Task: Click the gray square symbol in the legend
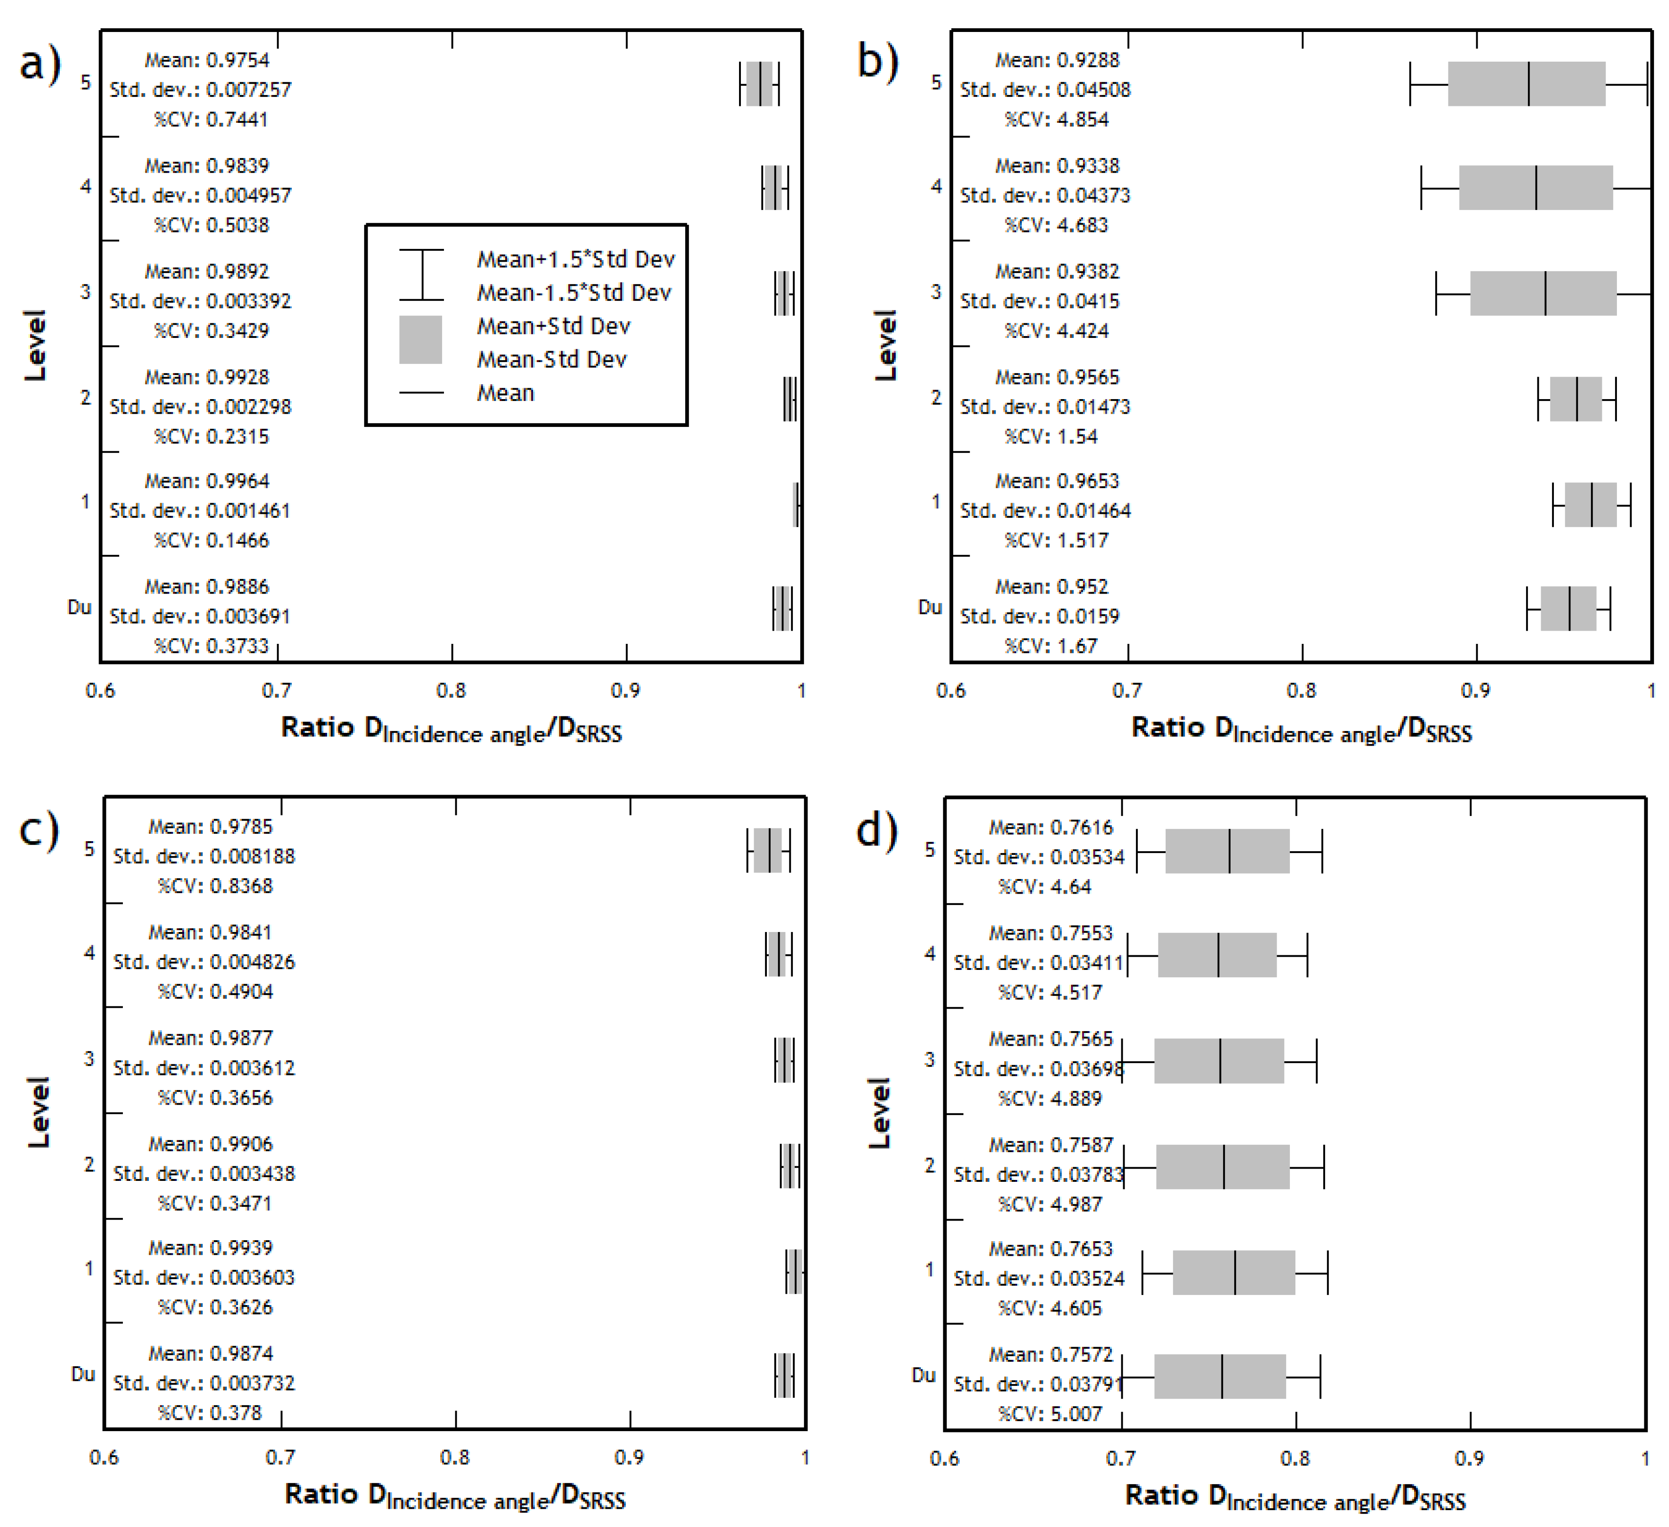421,339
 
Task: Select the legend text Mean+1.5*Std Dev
576,259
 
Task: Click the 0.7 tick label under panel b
1127,690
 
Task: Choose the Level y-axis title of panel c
38,1111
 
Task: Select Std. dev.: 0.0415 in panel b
1039,300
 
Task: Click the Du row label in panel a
79,607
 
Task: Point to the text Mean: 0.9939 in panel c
210,1247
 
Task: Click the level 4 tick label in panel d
930,953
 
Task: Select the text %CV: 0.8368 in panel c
215,885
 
